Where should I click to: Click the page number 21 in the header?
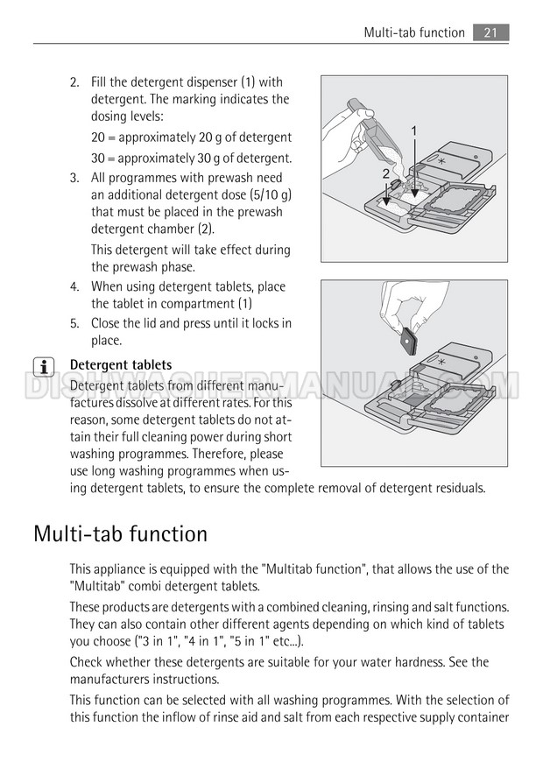click(x=490, y=32)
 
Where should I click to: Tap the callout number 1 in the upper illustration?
click(x=413, y=130)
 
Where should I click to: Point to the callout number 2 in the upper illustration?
click(x=385, y=174)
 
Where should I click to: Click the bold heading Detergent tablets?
click(x=121, y=364)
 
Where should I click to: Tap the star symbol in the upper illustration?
click(x=441, y=164)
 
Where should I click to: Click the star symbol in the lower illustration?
click(x=441, y=362)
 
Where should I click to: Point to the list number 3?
click(x=74, y=178)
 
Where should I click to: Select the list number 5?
click(x=74, y=323)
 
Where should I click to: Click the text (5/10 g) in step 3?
click(x=265, y=194)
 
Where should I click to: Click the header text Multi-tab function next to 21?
click(x=414, y=32)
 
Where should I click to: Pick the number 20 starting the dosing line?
click(x=98, y=138)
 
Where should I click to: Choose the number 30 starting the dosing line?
click(x=98, y=158)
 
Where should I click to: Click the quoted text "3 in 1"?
click(x=157, y=641)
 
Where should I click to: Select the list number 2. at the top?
click(x=74, y=82)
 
